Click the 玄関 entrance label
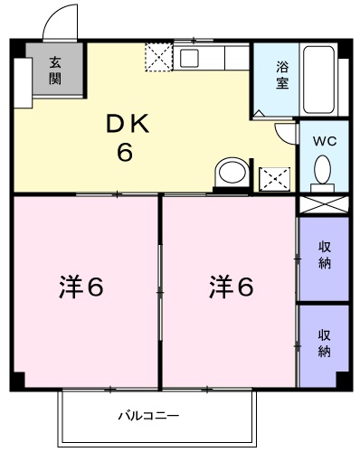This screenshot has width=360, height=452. (x=54, y=70)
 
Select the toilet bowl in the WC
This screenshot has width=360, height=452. (x=322, y=169)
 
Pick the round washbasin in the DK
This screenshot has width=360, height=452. (x=232, y=173)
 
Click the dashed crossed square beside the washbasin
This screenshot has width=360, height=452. (x=273, y=178)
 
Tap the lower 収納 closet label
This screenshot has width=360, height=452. (x=323, y=343)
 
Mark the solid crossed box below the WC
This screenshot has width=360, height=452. (x=323, y=204)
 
